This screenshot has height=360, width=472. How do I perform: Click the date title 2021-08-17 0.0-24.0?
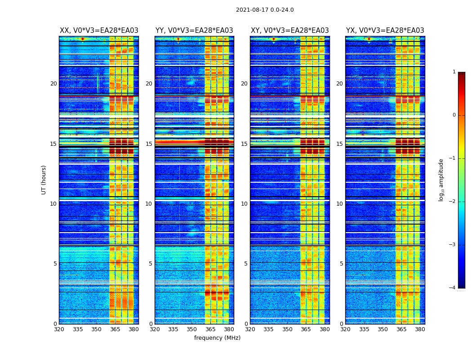point(265,10)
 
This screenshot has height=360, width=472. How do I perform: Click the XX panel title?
point(99,31)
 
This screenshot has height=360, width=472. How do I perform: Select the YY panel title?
point(194,31)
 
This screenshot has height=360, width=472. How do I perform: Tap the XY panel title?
point(289,31)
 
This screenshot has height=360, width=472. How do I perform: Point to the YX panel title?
point(385,31)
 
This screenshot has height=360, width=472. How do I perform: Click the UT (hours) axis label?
point(44,180)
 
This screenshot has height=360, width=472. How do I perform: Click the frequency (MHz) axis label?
point(217,338)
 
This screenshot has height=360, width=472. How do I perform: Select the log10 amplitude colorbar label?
point(441,180)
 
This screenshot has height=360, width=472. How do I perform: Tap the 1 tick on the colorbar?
point(454,72)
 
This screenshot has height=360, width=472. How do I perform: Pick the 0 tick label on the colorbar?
point(454,115)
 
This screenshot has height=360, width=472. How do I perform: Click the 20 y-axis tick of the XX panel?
point(53,84)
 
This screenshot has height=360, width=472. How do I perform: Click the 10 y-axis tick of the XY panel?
point(244,204)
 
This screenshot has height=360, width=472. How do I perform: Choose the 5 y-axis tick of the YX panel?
point(341,264)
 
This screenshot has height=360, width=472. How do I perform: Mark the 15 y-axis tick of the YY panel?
point(149,144)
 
